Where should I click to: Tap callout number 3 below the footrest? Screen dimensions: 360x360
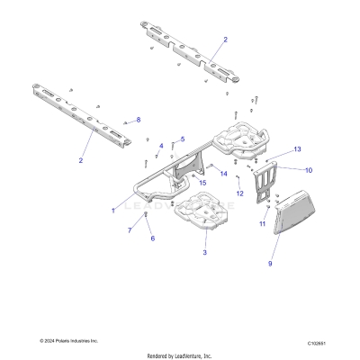pyautogui.click(x=204, y=254)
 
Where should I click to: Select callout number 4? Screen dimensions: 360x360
pyautogui.click(x=161, y=145)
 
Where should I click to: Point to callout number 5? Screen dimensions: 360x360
pyautogui.click(x=183, y=139)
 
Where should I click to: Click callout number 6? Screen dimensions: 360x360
pyautogui.click(x=152, y=238)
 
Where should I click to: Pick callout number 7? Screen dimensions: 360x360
pyautogui.click(x=130, y=230)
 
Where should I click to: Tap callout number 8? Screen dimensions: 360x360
pyautogui.click(x=138, y=119)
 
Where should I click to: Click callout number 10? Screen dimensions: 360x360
pyautogui.click(x=308, y=169)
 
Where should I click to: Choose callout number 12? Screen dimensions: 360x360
pyautogui.click(x=239, y=193)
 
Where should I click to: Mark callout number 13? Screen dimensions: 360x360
pyautogui.click(x=297, y=148)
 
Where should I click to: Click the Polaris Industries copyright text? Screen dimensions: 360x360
pyautogui.click(x=68, y=341)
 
